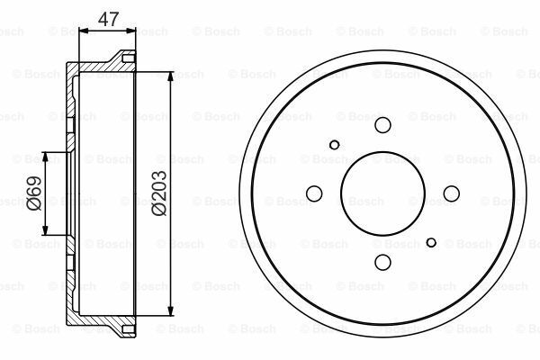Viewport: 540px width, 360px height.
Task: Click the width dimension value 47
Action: tap(108, 16)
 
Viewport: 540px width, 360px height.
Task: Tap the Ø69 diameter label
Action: tap(32, 193)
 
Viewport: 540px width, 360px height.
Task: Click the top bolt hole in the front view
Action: tap(383, 126)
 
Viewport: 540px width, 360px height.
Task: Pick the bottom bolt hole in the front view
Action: tap(383, 261)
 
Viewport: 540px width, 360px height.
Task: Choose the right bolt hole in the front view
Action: tap(451, 193)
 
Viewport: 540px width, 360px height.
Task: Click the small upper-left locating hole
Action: tap(335, 144)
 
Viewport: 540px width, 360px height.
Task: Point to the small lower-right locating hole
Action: tap(432, 242)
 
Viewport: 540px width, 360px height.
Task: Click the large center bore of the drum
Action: tap(383, 193)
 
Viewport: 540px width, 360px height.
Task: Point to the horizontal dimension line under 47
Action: tap(108, 30)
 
